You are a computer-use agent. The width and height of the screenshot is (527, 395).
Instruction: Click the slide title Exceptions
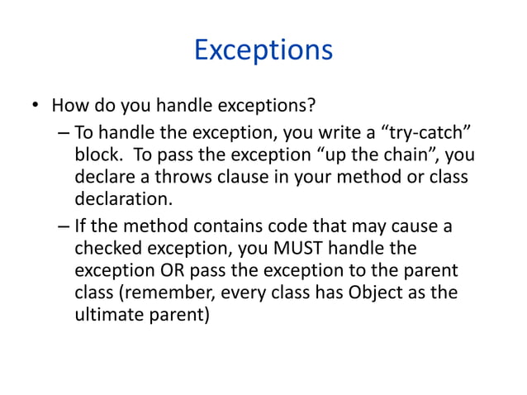[263, 50]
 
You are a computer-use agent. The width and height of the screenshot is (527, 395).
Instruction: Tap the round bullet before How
[36, 107]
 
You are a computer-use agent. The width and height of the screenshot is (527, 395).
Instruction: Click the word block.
[97, 155]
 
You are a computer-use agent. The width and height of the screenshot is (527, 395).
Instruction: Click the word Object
[381, 293]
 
